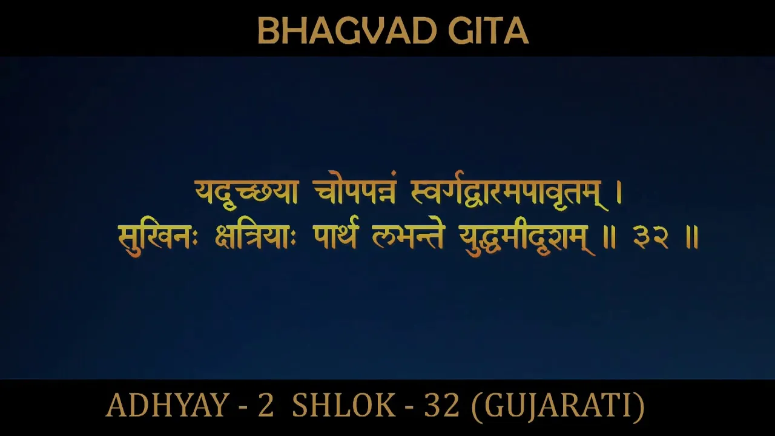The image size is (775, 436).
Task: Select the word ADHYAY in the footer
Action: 167,406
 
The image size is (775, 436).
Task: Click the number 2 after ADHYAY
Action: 266,406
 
